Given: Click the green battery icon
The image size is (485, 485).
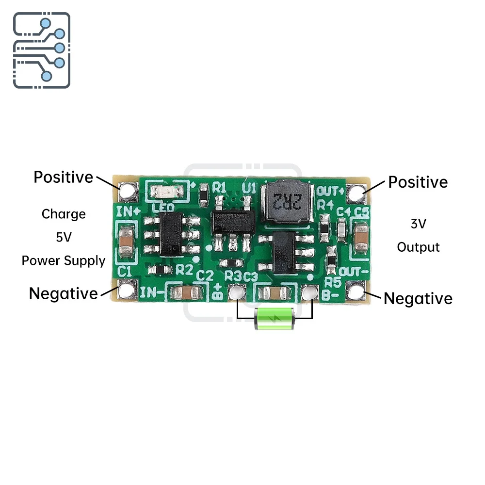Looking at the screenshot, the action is click(x=275, y=319).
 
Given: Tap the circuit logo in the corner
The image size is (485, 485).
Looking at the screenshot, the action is click(x=41, y=50).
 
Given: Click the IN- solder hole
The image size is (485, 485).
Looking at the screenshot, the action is click(x=127, y=291).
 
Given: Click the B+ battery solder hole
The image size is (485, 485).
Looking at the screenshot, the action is click(x=236, y=292).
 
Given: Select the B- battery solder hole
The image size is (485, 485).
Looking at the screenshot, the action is click(x=307, y=292).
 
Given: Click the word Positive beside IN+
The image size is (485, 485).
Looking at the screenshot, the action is click(x=63, y=178).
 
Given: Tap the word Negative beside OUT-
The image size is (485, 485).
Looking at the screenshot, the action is click(x=418, y=299).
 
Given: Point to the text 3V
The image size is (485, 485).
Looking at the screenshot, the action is click(x=418, y=224).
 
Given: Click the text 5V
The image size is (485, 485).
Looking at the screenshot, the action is click(x=64, y=238).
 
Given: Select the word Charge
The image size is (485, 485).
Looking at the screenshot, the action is click(x=64, y=214).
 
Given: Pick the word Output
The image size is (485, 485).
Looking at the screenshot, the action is click(x=418, y=247).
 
